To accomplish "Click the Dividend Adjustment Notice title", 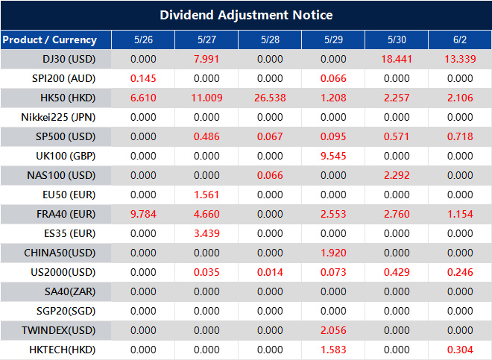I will tap(246, 15).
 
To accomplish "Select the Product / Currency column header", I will tap(49, 40).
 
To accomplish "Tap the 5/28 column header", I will tap(270, 40).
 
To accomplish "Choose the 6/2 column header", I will tap(460, 40).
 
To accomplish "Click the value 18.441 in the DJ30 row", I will tap(397, 59).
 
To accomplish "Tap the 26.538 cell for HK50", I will tap(270, 98).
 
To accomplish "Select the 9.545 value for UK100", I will tap(333, 156).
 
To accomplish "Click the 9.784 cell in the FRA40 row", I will tap(143, 214).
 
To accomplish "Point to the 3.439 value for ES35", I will tap(206, 233).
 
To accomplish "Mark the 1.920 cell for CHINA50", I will tap(333, 253).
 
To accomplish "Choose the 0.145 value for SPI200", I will tap(143, 78).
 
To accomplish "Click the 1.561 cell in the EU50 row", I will tap(206, 195).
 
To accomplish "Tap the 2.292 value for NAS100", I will tap(397, 175).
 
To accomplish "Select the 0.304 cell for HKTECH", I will tap(460, 350).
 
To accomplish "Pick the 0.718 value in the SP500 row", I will tap(460, 136).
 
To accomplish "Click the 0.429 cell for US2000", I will tap(397, 272).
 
